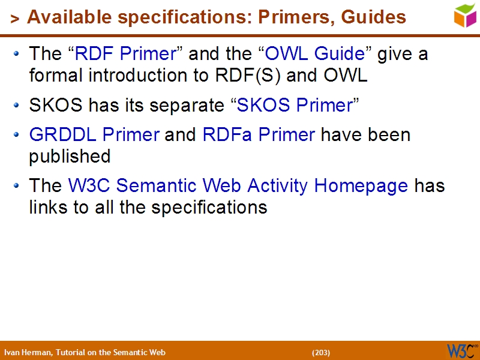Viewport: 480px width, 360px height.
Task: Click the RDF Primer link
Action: [125, 54]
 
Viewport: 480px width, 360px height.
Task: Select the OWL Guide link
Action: [315, 54]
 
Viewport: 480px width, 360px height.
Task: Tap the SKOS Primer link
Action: [294, 106]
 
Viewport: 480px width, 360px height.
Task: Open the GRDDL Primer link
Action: [94, 134]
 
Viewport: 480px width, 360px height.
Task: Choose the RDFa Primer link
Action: [259, 134]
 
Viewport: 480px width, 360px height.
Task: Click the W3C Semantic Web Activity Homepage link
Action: [238, 186]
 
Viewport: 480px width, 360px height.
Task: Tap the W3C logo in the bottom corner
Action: [461, 350]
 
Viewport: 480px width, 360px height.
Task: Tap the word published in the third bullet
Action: [70, 157]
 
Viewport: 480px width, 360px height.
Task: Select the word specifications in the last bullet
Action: [209, 208]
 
